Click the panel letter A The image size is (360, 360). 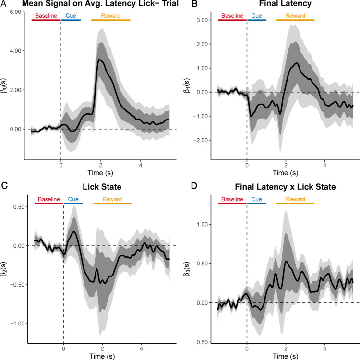click(x=4, y=5)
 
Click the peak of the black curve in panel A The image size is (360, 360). click(x=98, y=60)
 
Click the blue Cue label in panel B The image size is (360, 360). click(x=257, y=16)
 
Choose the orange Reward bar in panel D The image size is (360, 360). click(x=295, y=204)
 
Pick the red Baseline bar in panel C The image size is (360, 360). click(x=49, y=204)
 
